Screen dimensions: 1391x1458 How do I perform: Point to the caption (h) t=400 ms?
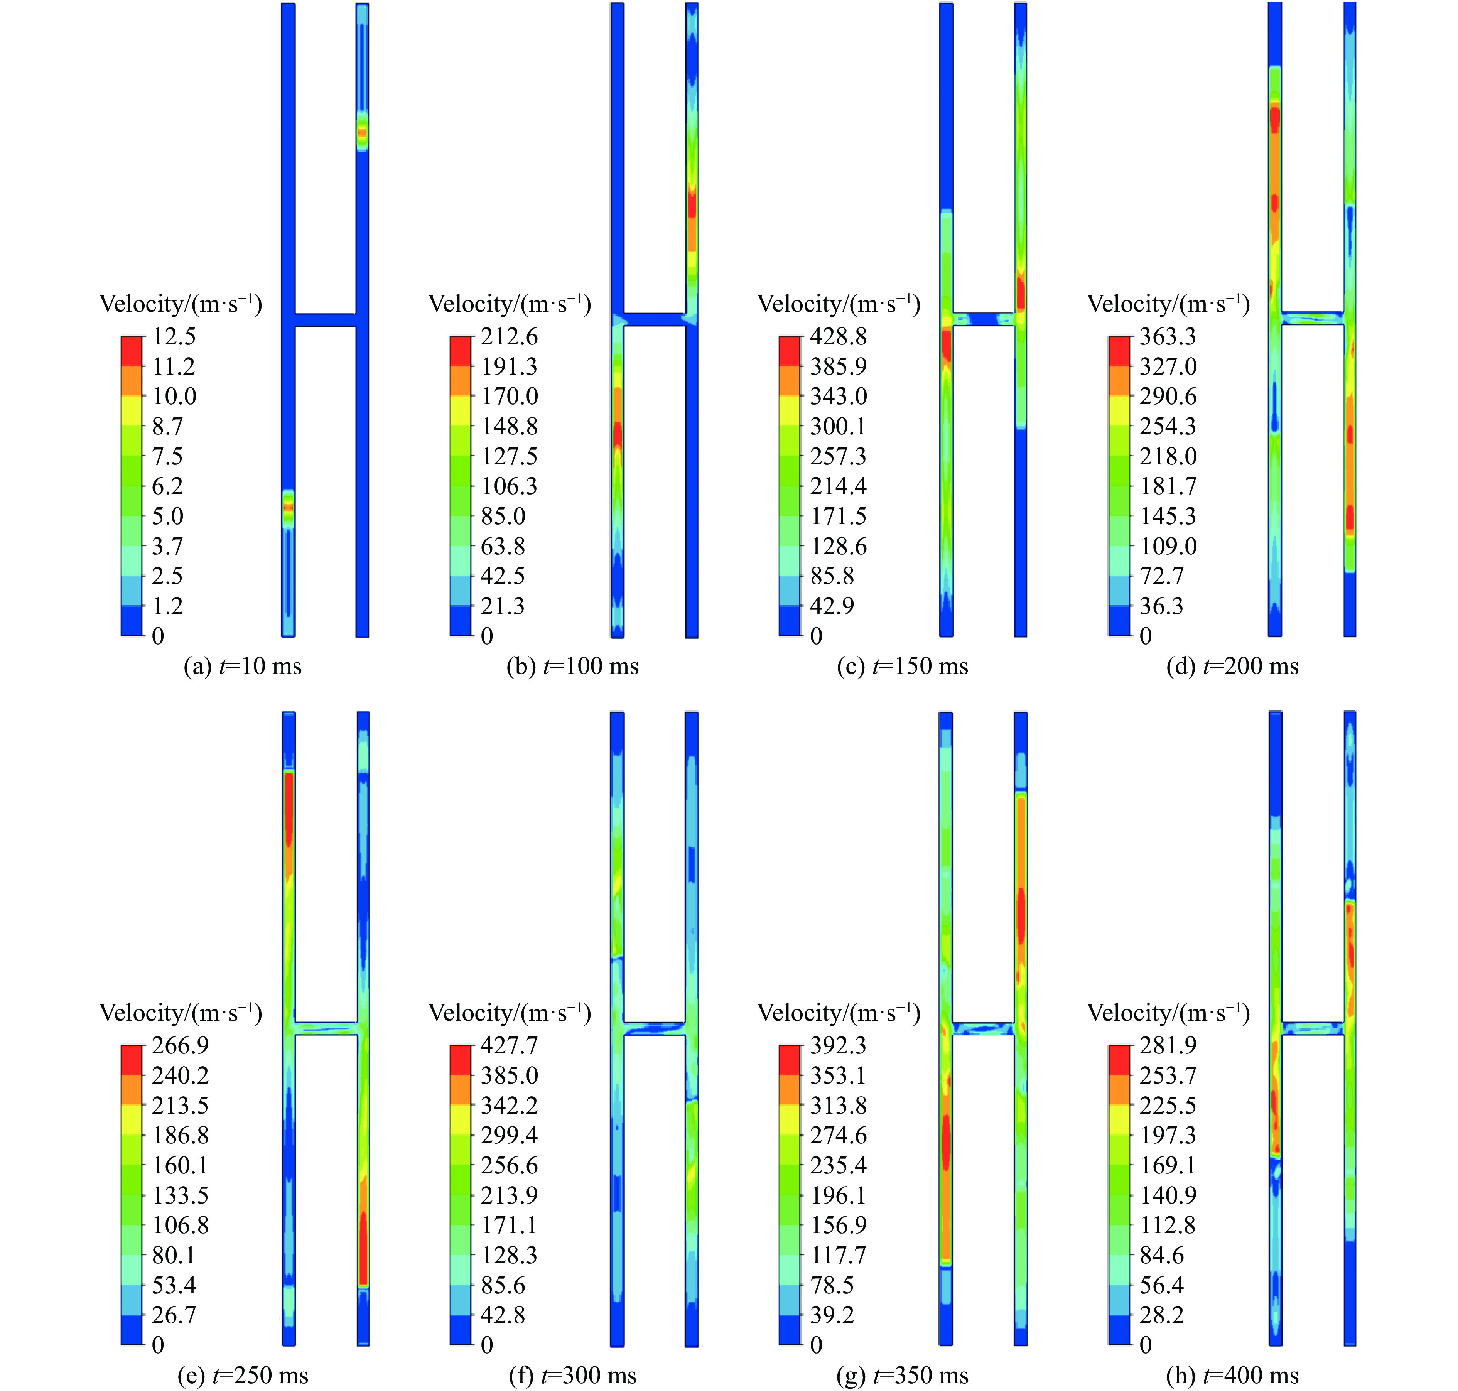tap(1232, 1376)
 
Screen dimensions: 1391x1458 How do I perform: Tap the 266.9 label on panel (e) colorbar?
tap(180, 1045)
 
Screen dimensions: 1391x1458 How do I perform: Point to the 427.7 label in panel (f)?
tap(509, 1045)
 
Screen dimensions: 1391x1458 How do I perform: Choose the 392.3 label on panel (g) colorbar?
tap(838, 1045)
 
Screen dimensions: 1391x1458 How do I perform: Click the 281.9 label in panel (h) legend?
tap(1168, 1045)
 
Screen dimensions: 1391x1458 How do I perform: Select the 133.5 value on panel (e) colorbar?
tap(180, 1195)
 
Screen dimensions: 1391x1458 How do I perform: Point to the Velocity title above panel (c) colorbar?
tap(838, 304)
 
